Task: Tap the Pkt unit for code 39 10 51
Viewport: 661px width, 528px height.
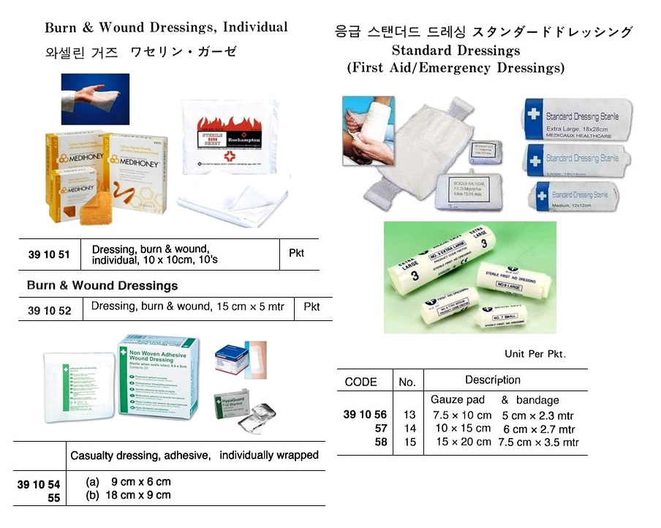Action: [296, 254]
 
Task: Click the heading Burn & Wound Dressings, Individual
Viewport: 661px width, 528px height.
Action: [166, 29]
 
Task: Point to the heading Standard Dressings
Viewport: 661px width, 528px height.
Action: [456, 50]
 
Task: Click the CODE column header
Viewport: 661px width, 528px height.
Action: [360, 382]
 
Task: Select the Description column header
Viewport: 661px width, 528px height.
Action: [493, 380]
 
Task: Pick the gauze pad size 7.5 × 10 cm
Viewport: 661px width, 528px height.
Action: [461, 415]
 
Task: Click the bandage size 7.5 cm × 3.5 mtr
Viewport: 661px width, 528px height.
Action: [538, 442]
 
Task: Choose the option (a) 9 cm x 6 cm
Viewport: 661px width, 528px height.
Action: [128, 481]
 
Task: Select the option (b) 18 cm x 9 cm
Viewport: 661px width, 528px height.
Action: [128, 495]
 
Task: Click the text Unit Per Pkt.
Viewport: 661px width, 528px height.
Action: [535, 354]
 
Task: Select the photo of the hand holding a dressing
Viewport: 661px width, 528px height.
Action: [95, 99]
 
